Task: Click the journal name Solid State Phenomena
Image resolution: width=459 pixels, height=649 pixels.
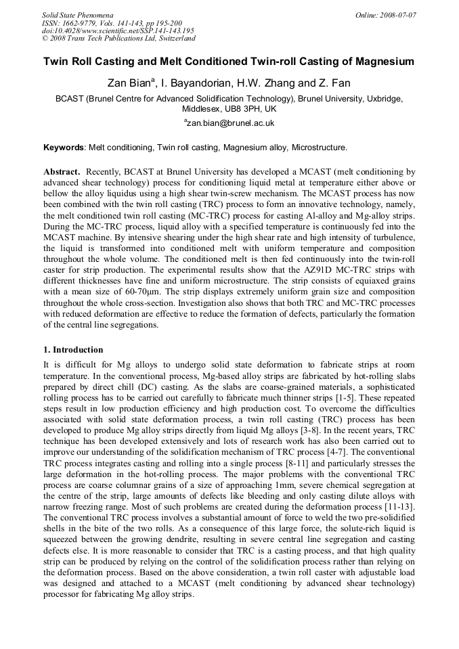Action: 77,14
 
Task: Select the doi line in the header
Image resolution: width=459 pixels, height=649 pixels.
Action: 118,30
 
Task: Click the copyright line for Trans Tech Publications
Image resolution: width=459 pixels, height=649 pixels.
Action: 118,39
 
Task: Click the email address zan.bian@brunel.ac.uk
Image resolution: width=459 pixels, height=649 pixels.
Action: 230,123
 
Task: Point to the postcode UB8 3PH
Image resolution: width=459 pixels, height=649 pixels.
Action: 240,108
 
